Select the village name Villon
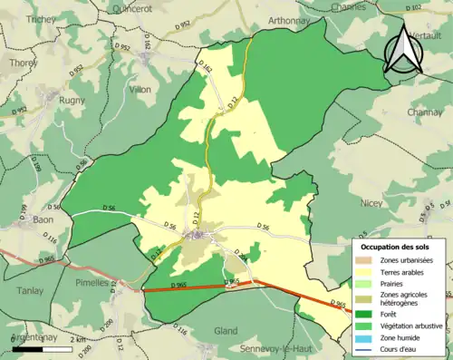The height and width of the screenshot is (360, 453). pos(140,90)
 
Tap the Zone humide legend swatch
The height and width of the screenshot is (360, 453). pos(368,336)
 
